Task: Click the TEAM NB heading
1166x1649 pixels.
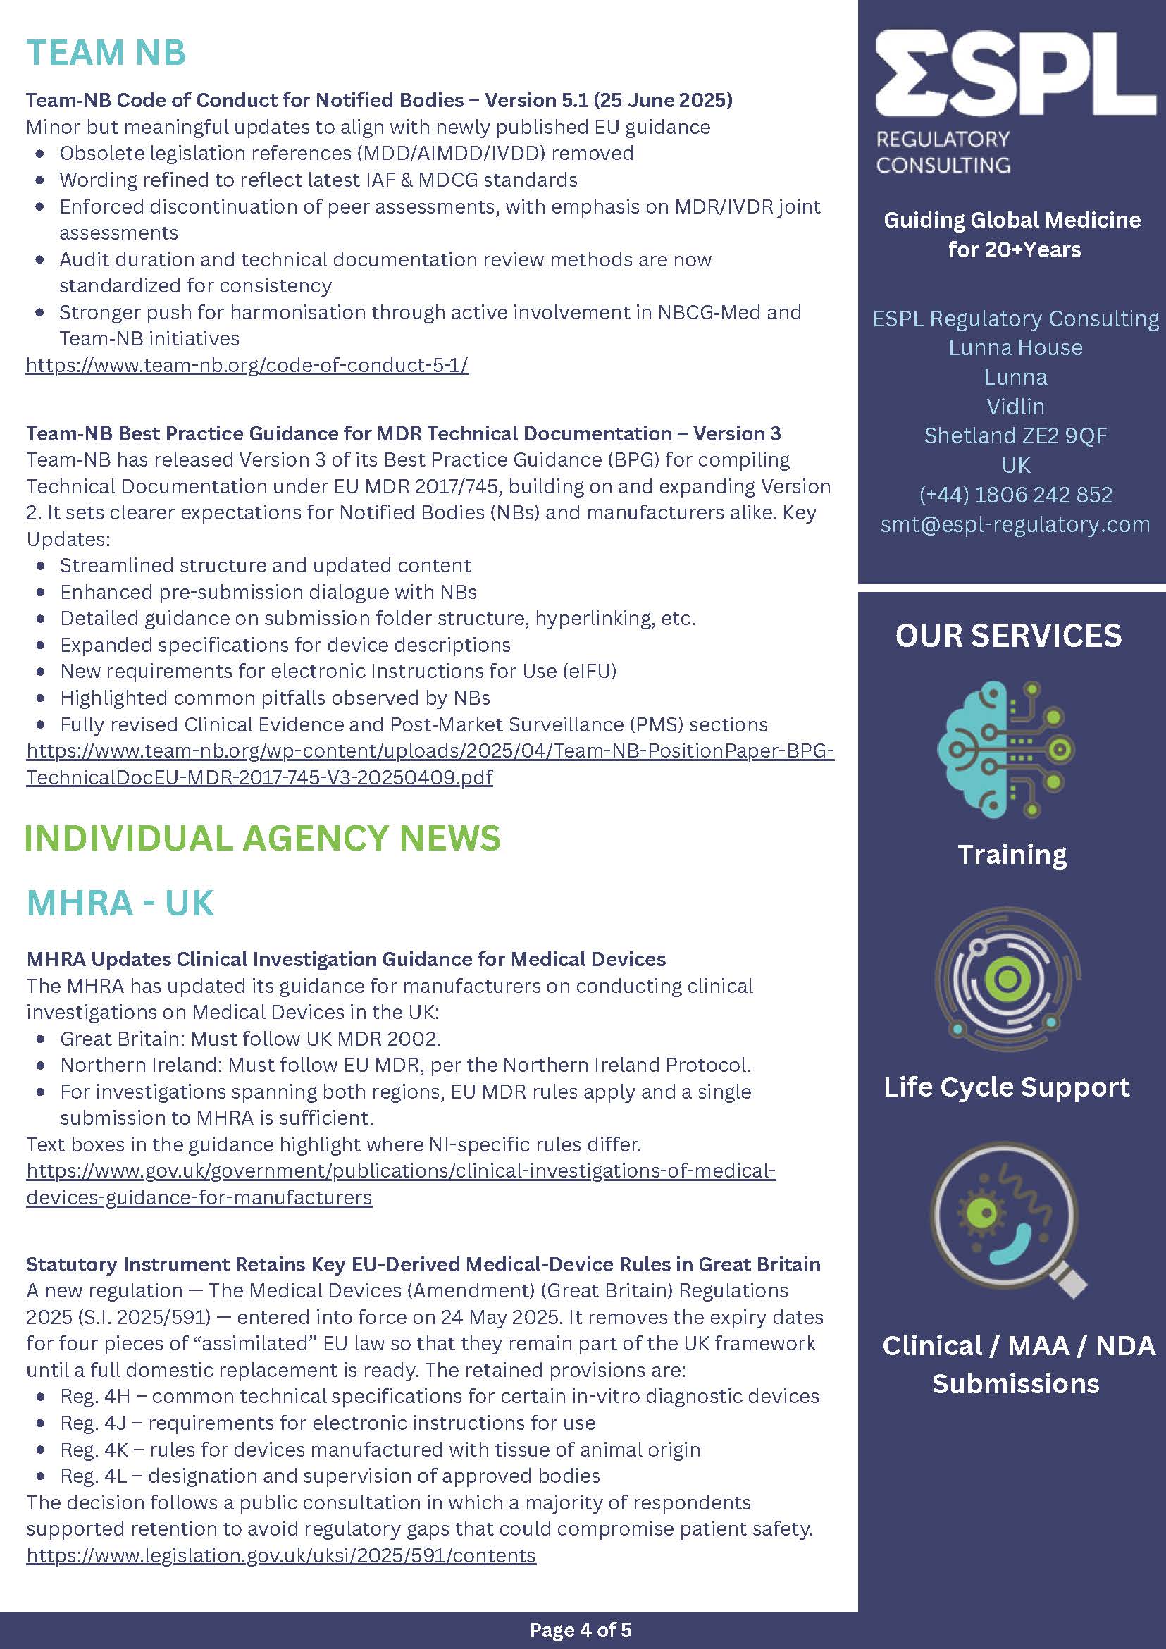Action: [106, 52]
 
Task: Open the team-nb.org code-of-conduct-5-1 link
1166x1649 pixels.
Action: [247, 366]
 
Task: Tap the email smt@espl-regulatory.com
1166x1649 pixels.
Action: [1015, 524]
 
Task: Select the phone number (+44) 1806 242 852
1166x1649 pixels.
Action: [1015, 495]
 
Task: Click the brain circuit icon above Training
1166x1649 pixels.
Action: [1007, 749]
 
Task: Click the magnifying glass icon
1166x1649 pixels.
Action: [1008, 1218]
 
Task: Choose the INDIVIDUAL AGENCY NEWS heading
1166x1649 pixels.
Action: [263, 838]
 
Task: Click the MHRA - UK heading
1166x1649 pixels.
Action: [120, 903]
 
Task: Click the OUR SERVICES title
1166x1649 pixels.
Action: [1008, 636]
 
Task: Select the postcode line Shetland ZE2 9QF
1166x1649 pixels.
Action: [1015, 436]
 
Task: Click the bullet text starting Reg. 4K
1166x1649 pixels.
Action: [380, 1450]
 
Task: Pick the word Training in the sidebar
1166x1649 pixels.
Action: [1012, 855]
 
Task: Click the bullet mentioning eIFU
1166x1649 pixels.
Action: [338, 671]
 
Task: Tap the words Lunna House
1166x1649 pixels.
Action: [1015, 347]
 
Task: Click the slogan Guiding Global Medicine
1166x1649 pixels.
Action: [1012, 220]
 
